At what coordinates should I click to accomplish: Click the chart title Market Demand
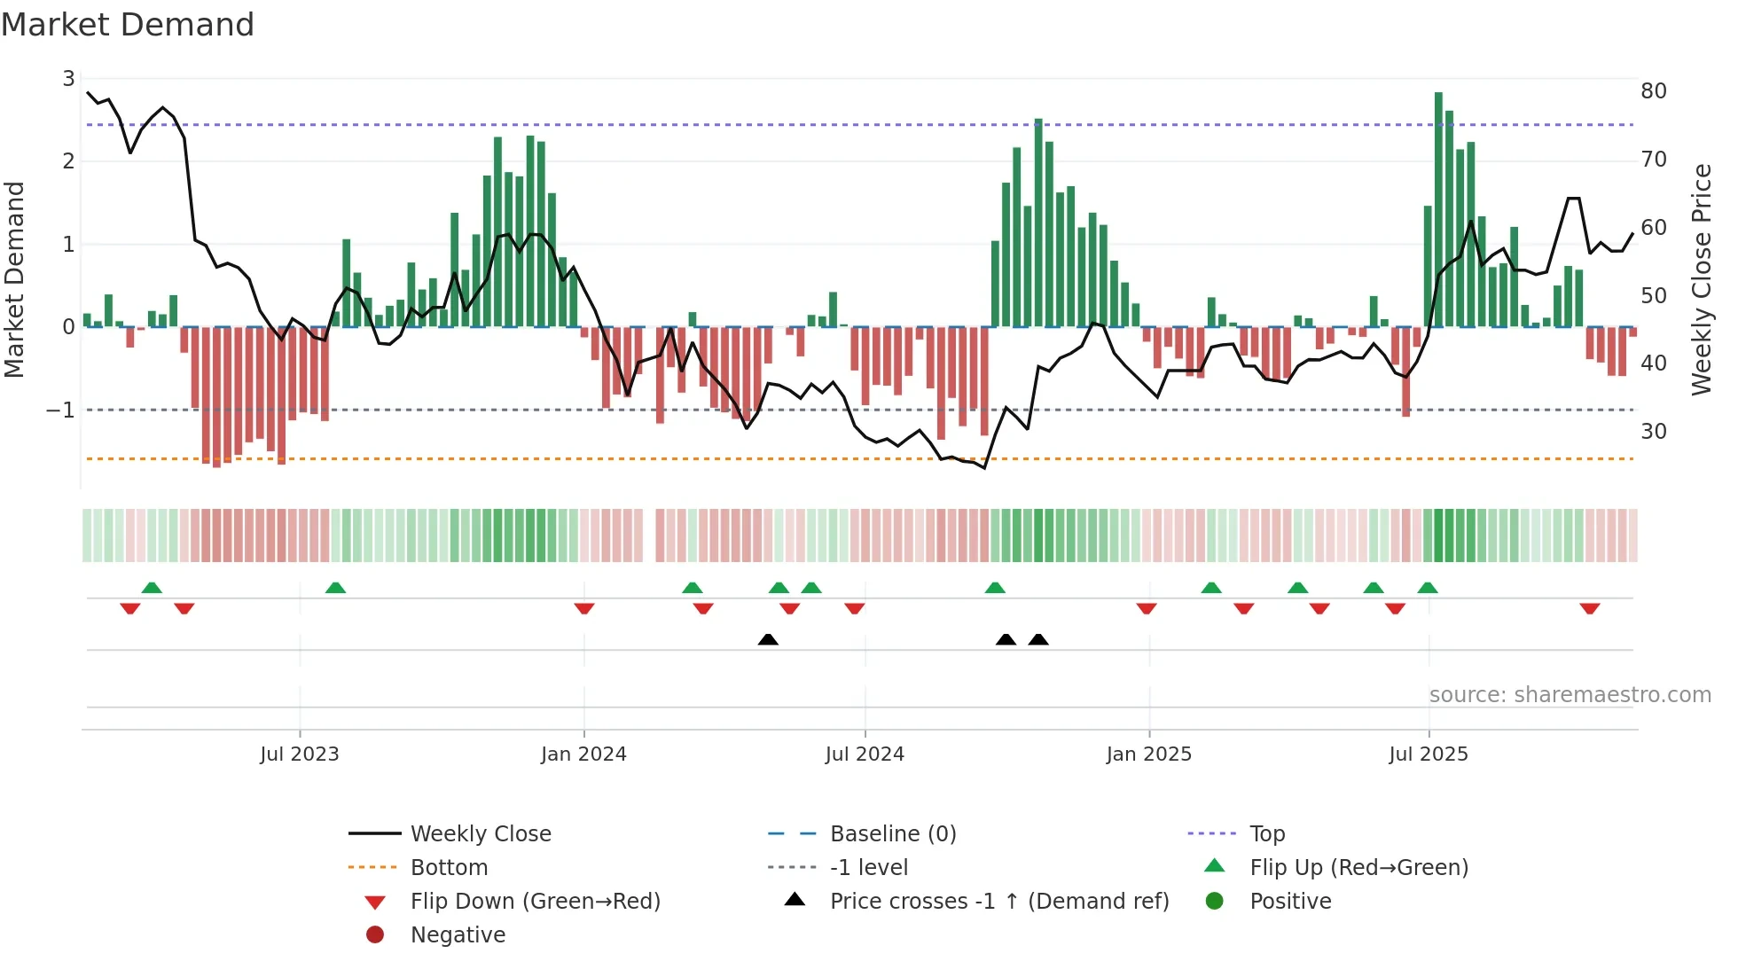[x=128, y=25]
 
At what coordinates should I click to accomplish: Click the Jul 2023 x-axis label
[x=299, y=754]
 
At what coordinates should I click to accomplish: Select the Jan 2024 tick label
[x=583, y=754]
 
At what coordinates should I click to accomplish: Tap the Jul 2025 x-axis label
[x=1428, y=754]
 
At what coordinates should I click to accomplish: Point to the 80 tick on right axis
[x=1653, y=91]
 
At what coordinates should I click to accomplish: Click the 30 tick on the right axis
[x=1653, y=432]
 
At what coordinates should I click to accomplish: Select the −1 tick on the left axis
[x=60, y=410]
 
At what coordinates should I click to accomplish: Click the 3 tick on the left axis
[x=68, y=79]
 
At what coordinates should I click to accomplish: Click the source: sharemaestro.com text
[x=1570, y=695]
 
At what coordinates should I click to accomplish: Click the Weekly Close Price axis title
[x=1701, y=279]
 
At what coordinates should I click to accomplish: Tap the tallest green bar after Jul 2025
[x=1438, y=209]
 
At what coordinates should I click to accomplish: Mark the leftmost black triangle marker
[x=768, y=639]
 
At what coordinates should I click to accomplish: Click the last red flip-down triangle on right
[x=1589, y=609]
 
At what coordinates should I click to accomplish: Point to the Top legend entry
[x=1266, y=834]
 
